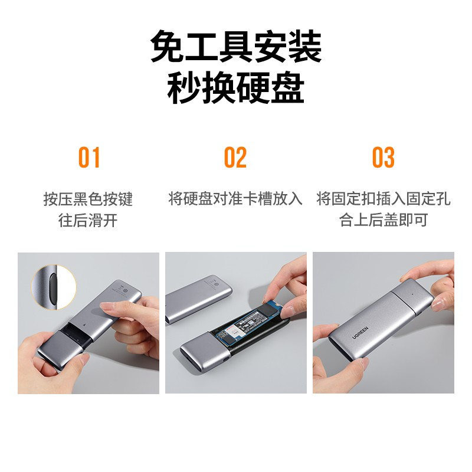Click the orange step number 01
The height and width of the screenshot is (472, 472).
(x=89, y=157)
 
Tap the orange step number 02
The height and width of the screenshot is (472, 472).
(x=235, y=157)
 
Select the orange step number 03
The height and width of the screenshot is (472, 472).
(x=383, y=157)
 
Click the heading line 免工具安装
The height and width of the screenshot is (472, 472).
(x=236, y=46)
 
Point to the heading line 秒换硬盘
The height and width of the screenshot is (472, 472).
(x=236, y=87)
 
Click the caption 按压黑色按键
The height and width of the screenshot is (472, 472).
(x=88, y=199)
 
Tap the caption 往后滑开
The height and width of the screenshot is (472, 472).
(x=88, y=220)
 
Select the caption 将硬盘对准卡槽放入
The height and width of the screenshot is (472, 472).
(x=235, y=199)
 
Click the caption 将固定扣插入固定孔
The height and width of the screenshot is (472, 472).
(x=383, y=199)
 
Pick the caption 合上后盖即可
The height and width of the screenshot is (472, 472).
(x=383, y=219)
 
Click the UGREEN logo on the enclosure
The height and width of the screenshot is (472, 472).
(x=360, y=332)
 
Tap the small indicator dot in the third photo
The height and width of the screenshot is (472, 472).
(x=411, y=292)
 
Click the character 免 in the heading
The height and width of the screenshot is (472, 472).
(x=168, y=46)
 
